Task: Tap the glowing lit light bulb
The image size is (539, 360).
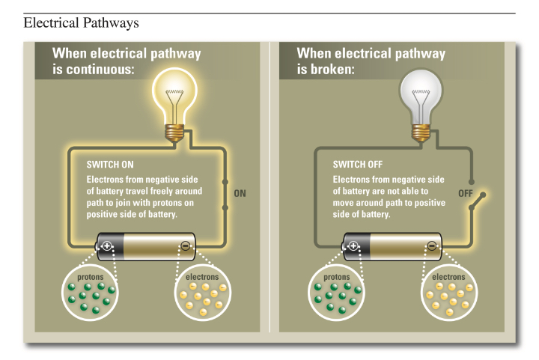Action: [x=176, y=94]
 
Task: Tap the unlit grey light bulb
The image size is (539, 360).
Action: [x=421, y=94]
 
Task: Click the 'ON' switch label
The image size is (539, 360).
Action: [x=240, y=193]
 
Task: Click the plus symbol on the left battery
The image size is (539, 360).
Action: [x=108, y=245]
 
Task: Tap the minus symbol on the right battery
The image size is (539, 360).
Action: [x=432, y=245]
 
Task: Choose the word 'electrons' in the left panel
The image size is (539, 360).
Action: [x=202, y=277]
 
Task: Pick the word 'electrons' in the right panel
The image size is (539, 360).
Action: [x=448, y=277]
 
